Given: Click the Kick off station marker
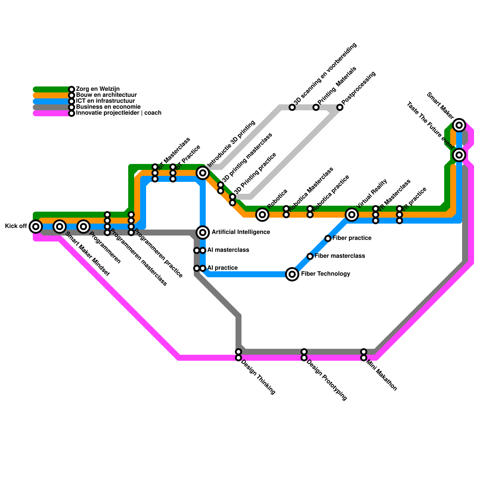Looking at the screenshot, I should pyautogui.click(x=36, y=227).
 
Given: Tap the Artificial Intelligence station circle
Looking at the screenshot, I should pyautogui.click(x=203, y=232).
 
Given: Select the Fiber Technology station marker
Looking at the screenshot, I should pyautogui.click(x=292, y=274).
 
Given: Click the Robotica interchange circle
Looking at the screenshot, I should pyautogui.click(x=262, y=214).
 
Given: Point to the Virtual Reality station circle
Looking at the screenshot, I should pyautogui.click(x=352, y=214).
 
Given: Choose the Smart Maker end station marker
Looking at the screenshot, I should pyautogui.click(x=459, y=125).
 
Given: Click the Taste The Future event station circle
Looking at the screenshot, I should pyautogui.click(x=459, y=155).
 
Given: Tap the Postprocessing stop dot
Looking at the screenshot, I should pyautogui.click(x=340, y=107).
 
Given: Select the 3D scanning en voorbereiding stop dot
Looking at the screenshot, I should pyautogui.click(x=292, y=107).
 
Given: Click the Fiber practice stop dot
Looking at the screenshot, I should pyautogui.click(x=328, y=238).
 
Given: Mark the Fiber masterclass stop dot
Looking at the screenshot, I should pyautogui.click(x=310, y=256).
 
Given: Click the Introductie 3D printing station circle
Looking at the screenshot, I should pyautogui.click(x=203, y=173).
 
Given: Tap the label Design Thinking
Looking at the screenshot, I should pyautogui.click(x=258, y=377).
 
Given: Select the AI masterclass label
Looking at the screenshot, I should pyautogui.click(x=228, y=250).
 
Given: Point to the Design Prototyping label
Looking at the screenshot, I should pyautogui.click(x=327, y=380).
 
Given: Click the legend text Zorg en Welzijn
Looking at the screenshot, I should pyautogui.click(x=98, y=89).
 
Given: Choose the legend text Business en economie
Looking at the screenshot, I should pyautogui.click(x=108, y=107).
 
